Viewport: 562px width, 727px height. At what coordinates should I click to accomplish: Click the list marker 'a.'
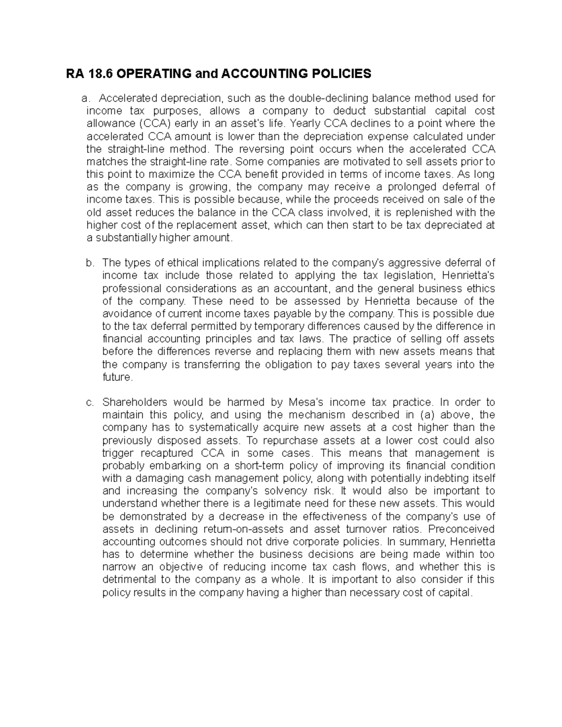(x=85, y=98)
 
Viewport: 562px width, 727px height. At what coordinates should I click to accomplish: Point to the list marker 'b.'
(x=90, y=263)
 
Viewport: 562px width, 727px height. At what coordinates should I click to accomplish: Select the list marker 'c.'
(x=90, y=402)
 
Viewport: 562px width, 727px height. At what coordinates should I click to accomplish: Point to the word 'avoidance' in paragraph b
(x=124, y=313)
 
